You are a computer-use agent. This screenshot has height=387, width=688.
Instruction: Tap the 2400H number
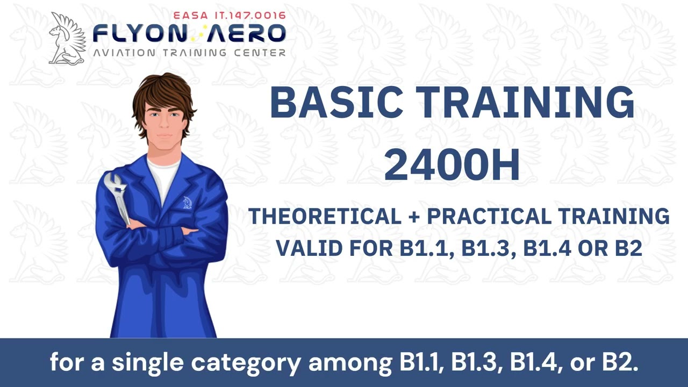[451, 166]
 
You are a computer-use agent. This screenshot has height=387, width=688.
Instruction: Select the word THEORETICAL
[324, 217]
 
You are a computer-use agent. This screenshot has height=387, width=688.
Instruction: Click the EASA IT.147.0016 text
[230, 16]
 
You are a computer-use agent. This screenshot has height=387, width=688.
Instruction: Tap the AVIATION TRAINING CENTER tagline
[189, 53]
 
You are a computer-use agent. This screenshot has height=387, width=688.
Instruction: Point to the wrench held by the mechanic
[119, 196]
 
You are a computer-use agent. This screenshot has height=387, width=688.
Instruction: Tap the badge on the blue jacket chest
[187, 202]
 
